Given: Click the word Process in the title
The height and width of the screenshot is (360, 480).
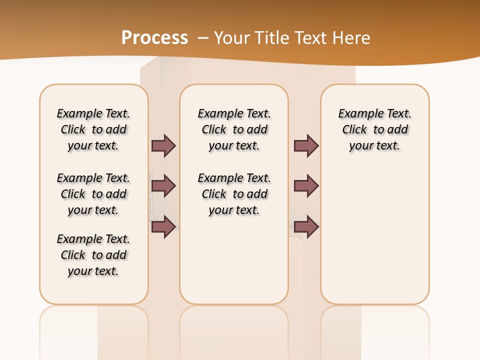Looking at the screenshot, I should click(154, 37).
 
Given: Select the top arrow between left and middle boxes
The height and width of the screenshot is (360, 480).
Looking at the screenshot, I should click(163, 146).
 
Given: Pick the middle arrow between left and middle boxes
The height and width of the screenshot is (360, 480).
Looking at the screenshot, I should click(163, 186).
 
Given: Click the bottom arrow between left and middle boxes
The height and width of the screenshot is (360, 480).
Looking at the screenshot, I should click(163, 226).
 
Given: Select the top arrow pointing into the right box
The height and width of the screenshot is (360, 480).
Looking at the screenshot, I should click(306, 146).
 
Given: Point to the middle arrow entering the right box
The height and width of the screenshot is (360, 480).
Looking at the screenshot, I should click(306, 186).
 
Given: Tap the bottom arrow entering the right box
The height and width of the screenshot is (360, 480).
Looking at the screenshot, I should click(306, 226).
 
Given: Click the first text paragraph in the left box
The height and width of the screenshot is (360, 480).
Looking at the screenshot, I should click(93, 129).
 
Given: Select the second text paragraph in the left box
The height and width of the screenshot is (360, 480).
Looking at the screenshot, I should click(93, 194).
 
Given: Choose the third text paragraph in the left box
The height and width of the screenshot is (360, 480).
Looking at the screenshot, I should click(93, 255).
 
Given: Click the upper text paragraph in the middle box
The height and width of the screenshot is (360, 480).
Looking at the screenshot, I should click(234, 129).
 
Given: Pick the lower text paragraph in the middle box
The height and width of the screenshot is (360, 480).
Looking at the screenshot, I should click(234, 194).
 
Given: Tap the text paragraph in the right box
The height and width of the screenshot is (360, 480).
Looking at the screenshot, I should click(374, 129).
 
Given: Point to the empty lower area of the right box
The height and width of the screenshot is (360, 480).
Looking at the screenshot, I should click(374, 235).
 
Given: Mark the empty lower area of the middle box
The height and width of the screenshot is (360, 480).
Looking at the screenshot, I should click(234, 260).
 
